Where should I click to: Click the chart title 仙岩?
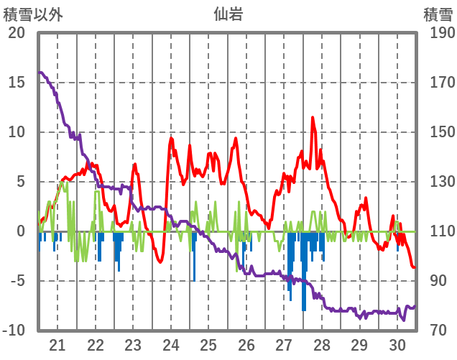click(x=228, y=14)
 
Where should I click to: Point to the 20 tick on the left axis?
click(x=17, y=33)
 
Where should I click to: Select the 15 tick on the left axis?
click(x=17, y=83)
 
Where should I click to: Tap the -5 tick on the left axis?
click(x=17, y=281)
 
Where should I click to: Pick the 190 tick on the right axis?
click(x=438, y=33)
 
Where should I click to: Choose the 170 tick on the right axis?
click(x=438, y=83)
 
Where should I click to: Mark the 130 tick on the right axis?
click(x=438, y=182)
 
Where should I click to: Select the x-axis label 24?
click(x=171, y=344)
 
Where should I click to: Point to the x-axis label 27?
click(x=284, y=344)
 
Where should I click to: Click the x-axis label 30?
click(x=397, y=344)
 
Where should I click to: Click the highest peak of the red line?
click(x=313, y=118)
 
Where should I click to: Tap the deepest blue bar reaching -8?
click(x=304, y=309)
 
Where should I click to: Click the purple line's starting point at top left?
click(x=40, y=73)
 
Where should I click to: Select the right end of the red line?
click(x=415, y=267)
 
